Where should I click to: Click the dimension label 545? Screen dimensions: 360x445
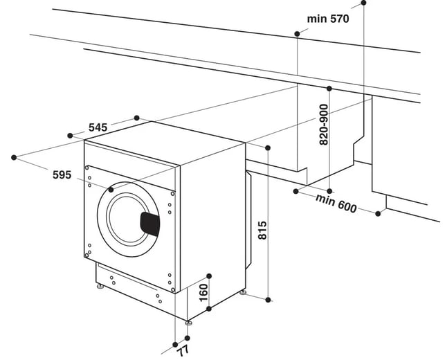(x=98, y=127)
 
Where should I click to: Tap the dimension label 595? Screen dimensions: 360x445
(x=62, y=175)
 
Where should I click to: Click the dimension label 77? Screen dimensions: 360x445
(x=183, y=350)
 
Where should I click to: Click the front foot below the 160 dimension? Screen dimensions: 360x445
(x=188, y=323)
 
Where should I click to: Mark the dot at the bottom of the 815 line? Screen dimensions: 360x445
(x=269, y=299)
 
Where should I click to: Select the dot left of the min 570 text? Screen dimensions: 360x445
(x=296, y=33)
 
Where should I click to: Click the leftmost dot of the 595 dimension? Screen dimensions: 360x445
(x=15, y=158)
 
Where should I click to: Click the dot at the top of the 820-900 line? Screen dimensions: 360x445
(x=329, y=89)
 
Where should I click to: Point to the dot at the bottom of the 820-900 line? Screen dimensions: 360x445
(x=329, y=190)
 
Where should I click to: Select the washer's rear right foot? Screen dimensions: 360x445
(x=242, y=294)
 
